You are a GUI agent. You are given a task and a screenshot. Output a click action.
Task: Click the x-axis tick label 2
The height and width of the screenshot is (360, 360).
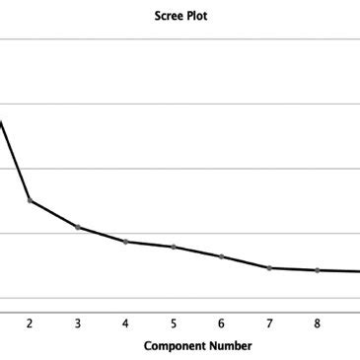[30, 323]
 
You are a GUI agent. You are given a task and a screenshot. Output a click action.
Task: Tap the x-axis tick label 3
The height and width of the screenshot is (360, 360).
[77, 323]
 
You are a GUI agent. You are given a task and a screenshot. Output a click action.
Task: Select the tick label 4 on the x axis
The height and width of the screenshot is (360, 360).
[125, 323]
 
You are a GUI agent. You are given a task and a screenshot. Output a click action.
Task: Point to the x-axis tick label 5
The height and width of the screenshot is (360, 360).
[174, 323]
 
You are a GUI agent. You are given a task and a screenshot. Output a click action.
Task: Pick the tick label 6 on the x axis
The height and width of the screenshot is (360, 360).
[221, 323]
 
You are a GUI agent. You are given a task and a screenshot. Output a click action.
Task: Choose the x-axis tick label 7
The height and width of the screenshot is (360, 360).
[269, 323]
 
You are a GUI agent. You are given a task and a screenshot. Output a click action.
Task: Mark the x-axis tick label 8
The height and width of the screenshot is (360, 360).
[318, 323]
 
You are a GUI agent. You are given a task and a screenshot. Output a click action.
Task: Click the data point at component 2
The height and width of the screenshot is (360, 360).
[30, 200]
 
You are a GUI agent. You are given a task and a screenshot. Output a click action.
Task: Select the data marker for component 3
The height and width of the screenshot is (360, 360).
[77, 227]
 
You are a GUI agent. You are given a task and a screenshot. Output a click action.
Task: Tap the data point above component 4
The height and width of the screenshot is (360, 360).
[125, 242]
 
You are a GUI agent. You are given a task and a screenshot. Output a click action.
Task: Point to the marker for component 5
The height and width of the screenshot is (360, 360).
[174, 247]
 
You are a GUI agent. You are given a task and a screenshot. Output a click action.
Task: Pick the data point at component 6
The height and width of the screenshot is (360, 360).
[221, 256]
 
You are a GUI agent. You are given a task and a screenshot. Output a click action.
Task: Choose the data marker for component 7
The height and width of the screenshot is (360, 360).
[269, 268]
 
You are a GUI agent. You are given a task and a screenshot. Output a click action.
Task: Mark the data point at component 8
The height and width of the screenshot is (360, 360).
[318, 270]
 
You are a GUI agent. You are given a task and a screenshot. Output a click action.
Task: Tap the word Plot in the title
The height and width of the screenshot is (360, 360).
[197, 17]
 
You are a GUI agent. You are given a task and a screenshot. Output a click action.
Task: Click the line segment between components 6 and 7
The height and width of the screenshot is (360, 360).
[246, 262]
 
